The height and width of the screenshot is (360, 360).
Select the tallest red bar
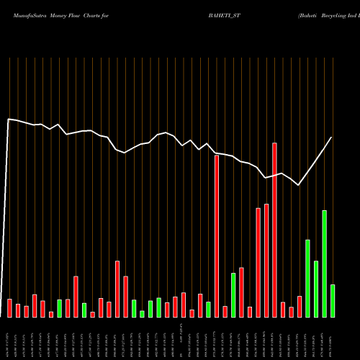[x=274, y=230]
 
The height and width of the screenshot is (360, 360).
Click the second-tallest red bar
[x=217, y=235]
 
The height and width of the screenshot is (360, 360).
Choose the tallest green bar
[x=324, y=264]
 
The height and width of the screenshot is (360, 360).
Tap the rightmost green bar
[x=333, y=301]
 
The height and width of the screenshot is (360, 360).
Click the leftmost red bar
[x=10, y=307]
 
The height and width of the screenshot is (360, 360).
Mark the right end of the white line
[x=332, y=137]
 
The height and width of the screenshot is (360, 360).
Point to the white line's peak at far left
[x=9, y=119]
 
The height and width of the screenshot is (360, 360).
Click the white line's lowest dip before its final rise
[x=299, y=185]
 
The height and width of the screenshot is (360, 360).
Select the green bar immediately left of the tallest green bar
[x=316, y=289]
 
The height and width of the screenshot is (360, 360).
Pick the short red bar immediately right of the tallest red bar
[x=283, y=310]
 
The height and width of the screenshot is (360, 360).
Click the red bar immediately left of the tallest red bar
[x=266, y=261]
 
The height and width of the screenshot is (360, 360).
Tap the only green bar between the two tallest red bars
[x=233, y=295]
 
